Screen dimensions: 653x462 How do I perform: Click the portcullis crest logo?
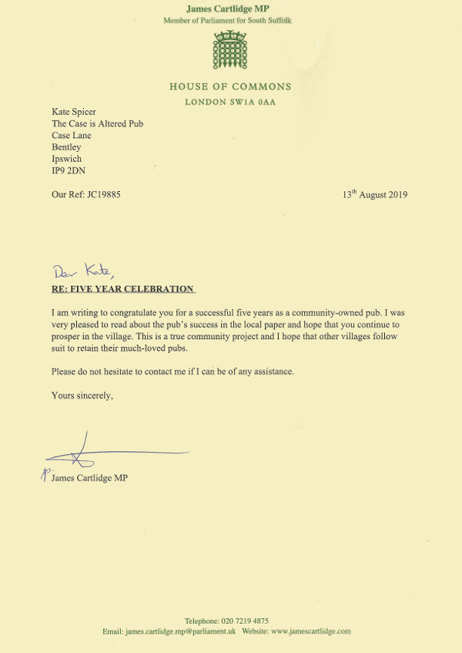[x=230, y=51]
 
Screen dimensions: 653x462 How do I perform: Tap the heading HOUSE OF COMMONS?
[x=230, y=86]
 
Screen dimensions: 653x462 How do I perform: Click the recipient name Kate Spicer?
[x=74, y=112]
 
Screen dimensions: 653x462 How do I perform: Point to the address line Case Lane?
[x=71, y=135]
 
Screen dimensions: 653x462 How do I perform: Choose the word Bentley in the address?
[x=66, y=146]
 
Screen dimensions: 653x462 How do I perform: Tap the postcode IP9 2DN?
[x=69, y=170]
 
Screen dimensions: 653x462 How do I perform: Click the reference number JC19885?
[x=99, y=194]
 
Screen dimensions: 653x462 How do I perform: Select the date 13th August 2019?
[x=375, y=194]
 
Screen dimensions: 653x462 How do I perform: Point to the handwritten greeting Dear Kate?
[x=83, y=271]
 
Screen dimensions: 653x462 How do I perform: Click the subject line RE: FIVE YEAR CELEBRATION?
[x=122, y=289]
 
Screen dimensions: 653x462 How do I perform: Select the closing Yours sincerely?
[x=82, y=396]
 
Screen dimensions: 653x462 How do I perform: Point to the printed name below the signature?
[x=89, y=478]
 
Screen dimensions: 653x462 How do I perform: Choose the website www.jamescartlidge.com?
[x=310, y=631]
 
